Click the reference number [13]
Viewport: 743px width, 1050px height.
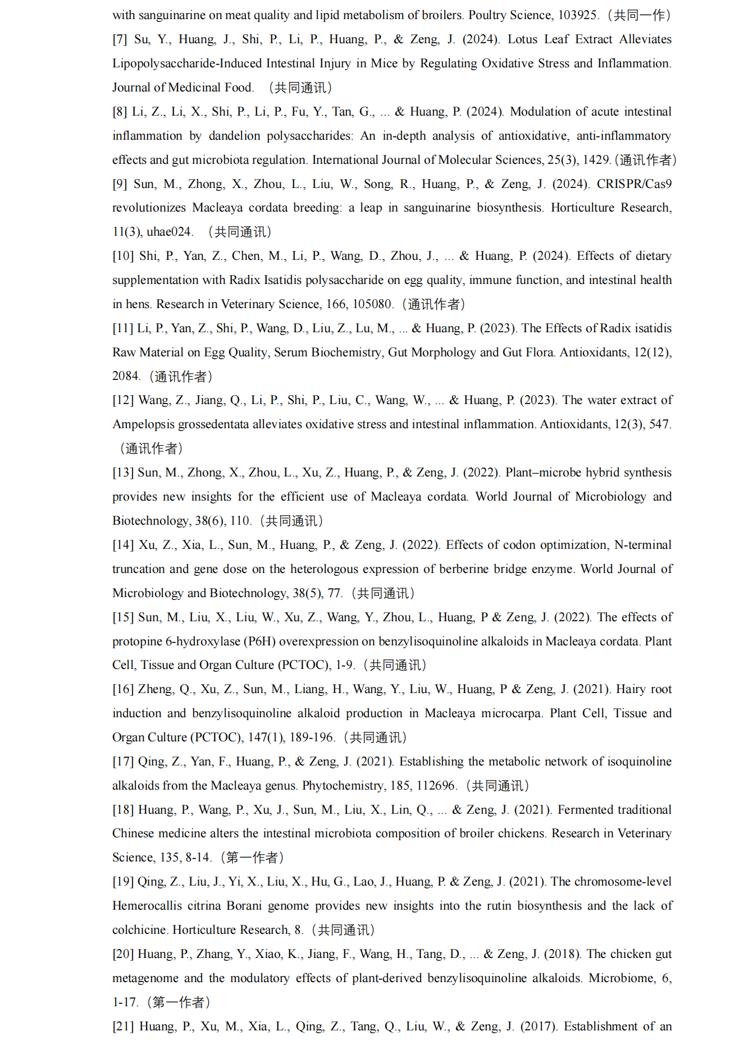123,473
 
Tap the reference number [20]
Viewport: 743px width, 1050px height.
123,954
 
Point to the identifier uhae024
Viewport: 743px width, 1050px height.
170,232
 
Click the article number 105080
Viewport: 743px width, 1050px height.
372,304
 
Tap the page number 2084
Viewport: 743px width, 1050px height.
126,376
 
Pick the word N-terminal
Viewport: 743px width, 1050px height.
643,545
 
